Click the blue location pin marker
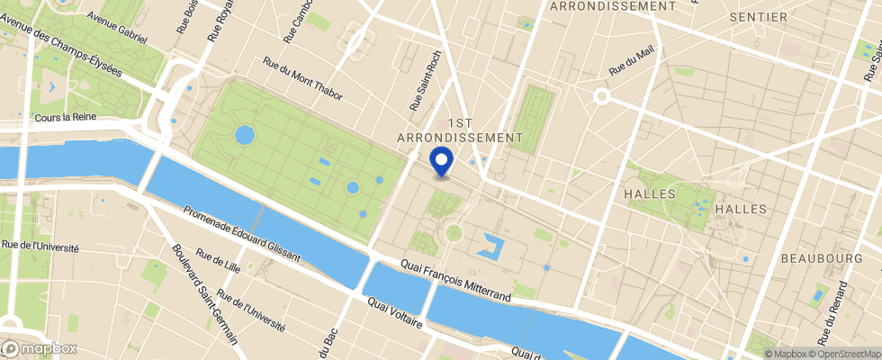pyautogui.click(x=441, y=162)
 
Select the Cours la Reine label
pyautogui.click(x=69, y=118)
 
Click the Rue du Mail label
pyautogui.click(x=632, y=60)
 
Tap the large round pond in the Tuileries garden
pyautogui.click(x=244, y=135)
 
